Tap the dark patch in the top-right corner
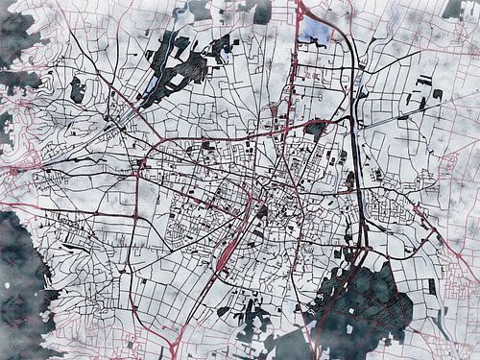click(452, 9)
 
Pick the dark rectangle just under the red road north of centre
click(315, 127)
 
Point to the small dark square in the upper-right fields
click(438, 94)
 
